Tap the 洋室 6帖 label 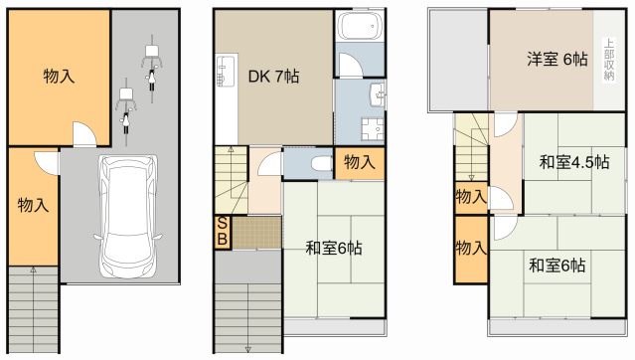point(556,59)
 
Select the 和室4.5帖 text point(573,162)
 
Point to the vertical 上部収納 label point(607,60)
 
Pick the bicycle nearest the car point(126,107)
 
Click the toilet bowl point(318,164)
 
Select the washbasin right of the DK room point(377,96)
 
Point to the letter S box point(223,224)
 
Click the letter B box point(223,240)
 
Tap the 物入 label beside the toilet point(359,163)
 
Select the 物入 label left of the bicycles point(59,76)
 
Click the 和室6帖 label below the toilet point(333,248)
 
